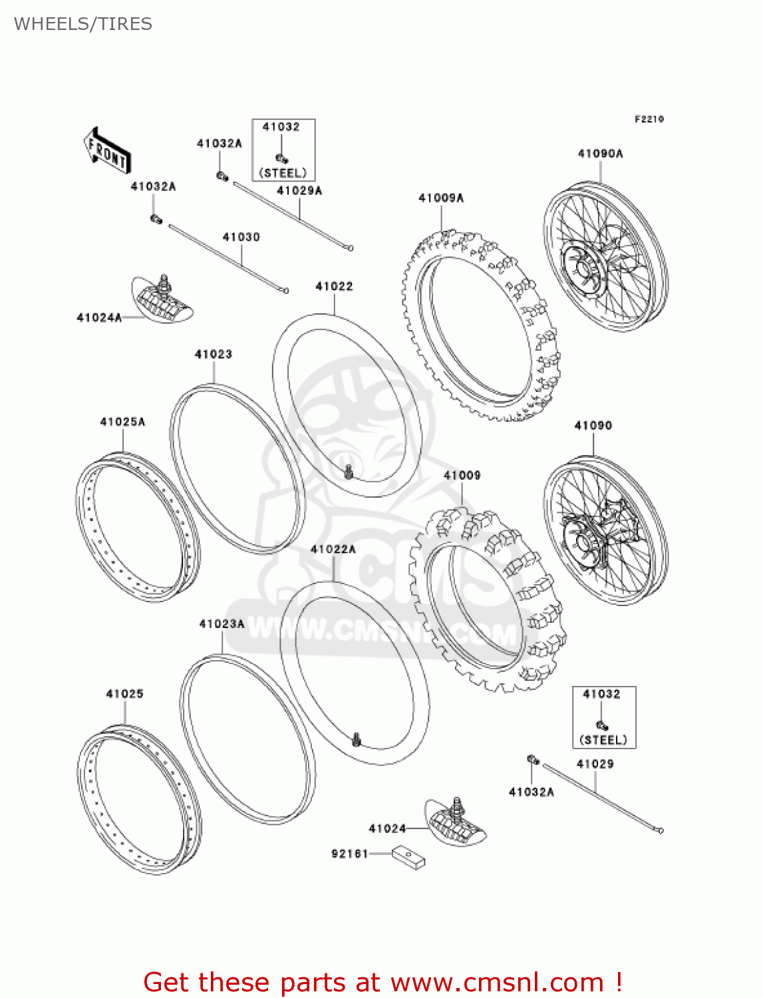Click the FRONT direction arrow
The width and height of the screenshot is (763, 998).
click(106, 151)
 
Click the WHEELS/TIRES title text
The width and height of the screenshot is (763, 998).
click(83, 24)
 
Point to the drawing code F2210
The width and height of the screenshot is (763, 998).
click(649, 119)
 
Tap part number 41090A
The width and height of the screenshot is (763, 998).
click(600, 154)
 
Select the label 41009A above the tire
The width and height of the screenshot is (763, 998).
click(440, 198)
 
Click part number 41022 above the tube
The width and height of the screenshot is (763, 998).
click(334, 286)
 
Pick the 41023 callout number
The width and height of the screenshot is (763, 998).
click(213, 354)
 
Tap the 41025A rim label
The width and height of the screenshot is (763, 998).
click(122, 422)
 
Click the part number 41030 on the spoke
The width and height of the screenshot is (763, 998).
click(241, 237)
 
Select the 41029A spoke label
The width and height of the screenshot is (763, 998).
click(299, 191)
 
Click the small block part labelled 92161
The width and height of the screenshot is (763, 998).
click(408, 857)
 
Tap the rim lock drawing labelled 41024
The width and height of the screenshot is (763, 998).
click(456, 822)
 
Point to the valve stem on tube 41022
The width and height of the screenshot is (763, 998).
click(348, 472)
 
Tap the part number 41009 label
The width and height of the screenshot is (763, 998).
click(462, 475)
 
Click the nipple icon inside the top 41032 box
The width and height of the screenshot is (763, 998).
click(281, 158)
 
